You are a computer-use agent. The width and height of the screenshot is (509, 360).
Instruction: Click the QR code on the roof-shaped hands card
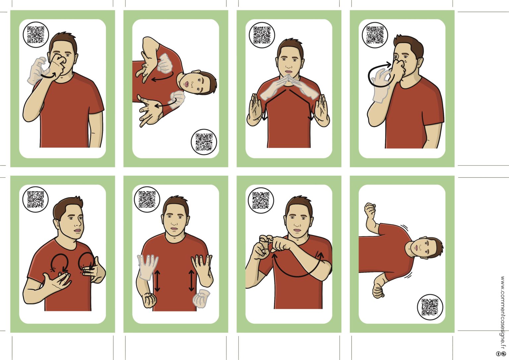(262, 35)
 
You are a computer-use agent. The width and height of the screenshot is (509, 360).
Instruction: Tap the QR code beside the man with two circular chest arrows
(35, 199)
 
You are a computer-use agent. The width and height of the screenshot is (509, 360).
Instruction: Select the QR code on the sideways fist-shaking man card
(430, 307)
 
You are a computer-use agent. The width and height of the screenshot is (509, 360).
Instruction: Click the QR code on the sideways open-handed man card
(204, 142)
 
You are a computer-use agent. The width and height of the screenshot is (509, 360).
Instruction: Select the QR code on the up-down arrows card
(147, 199)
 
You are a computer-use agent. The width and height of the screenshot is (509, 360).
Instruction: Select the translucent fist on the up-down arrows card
(201, 298)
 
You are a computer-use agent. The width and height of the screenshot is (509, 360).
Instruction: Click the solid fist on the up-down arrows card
(150, 300)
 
